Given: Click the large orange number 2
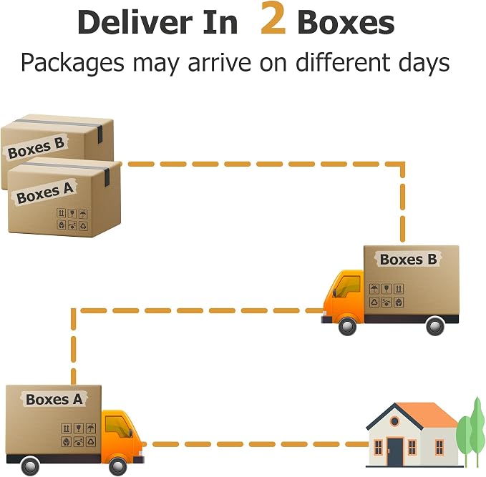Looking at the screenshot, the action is pyautogui.click(x=273, y=18).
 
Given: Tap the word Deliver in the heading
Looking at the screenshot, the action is pyautogui.click(x=135, y=23).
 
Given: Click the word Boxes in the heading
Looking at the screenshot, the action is pyautogui.click(x=346, y=23).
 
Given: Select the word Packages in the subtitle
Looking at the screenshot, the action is pyautogui.click(x=72, y=63).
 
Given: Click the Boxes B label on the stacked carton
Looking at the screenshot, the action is pyautogui.click(x=36, y=148).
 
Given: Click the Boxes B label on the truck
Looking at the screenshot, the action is pyautogui.click(x=408, y=260).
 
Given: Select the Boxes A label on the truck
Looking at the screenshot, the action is pyautogui.click(x=54, y=399).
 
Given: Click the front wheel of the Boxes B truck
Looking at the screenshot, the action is pyautogui.click(x=347, y=326).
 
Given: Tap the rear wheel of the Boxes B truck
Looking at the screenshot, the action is pyautogui.click(x=435, y=326).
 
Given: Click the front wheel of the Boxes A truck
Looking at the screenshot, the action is pyautogui.click(x=118, y=466).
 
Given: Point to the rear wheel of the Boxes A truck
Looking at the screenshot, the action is pyautogui.click(x=30, y=466).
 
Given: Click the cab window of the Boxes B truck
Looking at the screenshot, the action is pyautogui.click(x=347, y=285).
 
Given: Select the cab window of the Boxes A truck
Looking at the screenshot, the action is pyautogui.click(x=117, y=426).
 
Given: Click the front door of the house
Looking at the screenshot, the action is pyautogui.click(x=395, y=452).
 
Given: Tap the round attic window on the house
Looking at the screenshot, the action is pyautogui.click(x=394, y=421).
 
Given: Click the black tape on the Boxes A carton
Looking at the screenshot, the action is pyautogui.click(x=107, y=177).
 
